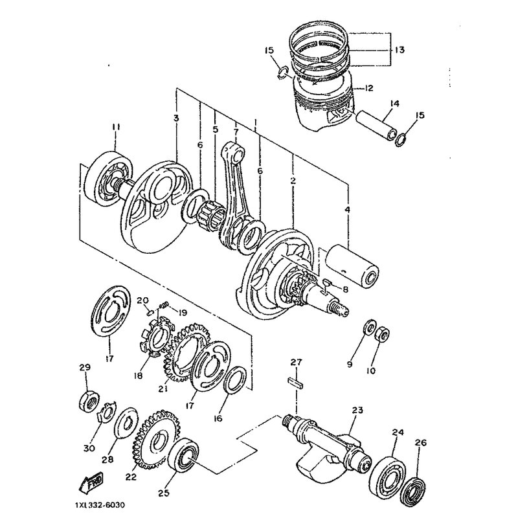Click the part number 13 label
(x=400, y=51)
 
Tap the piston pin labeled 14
(x=376, y=126)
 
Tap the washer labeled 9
(x=369, y=327)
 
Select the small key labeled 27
(x=296, y=383)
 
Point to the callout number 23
(x=357, y=410)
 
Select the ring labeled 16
(x=236, y=380)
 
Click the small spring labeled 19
(x=164, y=304)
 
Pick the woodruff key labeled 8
(x=327, y=282)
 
